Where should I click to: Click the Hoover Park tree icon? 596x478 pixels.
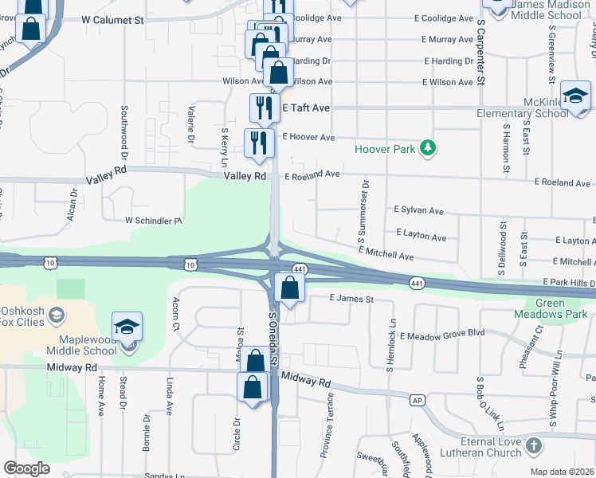tap(429, 147)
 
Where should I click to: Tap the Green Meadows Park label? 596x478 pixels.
tap(559, 308)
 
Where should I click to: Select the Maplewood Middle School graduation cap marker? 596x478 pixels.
tap(127, 327)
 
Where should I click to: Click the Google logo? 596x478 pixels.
tap(26, 468)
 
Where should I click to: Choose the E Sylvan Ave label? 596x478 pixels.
tap(418, 211)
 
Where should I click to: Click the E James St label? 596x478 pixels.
tap(351, 299)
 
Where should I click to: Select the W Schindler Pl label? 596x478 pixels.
tap(155, 221)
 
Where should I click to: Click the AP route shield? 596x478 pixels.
tap(416, 400)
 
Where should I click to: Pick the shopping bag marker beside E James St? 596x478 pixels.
tap(289, 288)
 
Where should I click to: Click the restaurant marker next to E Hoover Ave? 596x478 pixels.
tap(258, 143)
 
